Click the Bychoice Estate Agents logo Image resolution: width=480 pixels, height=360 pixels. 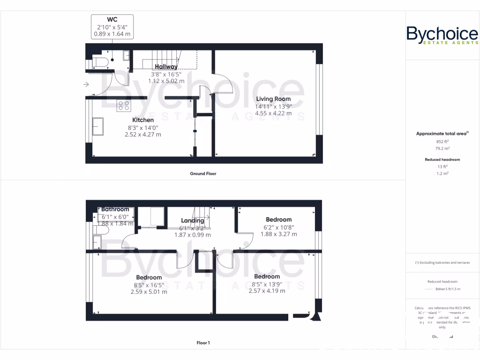pos(442,36)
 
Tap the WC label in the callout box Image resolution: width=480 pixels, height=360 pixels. pos(112,19)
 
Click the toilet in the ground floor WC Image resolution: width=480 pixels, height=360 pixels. pos(100,62)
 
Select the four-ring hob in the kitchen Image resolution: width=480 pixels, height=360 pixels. pos(124,106)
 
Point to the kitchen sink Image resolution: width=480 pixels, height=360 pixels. pos(98,126)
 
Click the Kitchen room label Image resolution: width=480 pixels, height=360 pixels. pos(143,120)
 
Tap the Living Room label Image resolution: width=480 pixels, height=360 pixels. pos(273,99)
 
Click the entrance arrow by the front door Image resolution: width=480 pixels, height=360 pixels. pos(86,84)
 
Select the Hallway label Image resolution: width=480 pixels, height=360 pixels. pos(166,67)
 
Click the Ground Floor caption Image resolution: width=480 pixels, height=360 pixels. pos(203,173)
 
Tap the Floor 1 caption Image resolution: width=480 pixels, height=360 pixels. pos(203,343)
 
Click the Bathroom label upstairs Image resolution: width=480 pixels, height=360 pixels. pos(115,209)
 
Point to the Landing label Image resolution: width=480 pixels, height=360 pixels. pos(193,220)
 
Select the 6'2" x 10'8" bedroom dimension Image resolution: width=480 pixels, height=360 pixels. pos(278,227)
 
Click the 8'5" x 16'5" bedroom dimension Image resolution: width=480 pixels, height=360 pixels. pos(149,285)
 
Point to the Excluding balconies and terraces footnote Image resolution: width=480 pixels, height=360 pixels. pos(442,262)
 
